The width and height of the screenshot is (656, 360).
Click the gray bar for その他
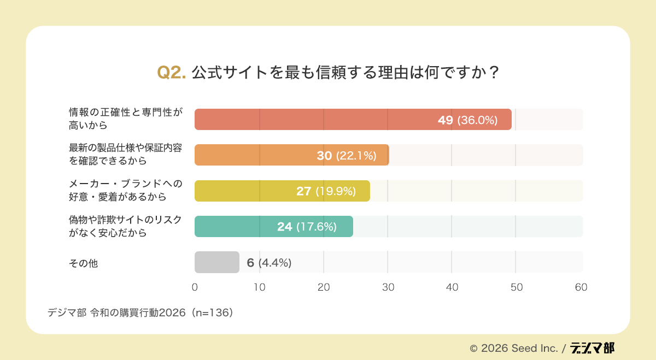pos(216,262)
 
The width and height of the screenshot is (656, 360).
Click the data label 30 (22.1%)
pos(347,156)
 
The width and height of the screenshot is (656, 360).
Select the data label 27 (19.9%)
pos(326,191)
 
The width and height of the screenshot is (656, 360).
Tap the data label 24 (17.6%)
pos(307,227)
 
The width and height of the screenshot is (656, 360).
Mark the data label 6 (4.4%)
pos(269,263)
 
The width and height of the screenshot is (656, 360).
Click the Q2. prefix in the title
pos(172,73)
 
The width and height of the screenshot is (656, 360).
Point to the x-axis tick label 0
pos(195,287)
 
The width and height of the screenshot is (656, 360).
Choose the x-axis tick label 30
pos(388,287)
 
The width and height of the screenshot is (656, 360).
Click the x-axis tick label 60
pos(581,287)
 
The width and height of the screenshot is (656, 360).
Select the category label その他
pos(83,263)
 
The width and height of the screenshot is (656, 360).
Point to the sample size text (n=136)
pos(212,313)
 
